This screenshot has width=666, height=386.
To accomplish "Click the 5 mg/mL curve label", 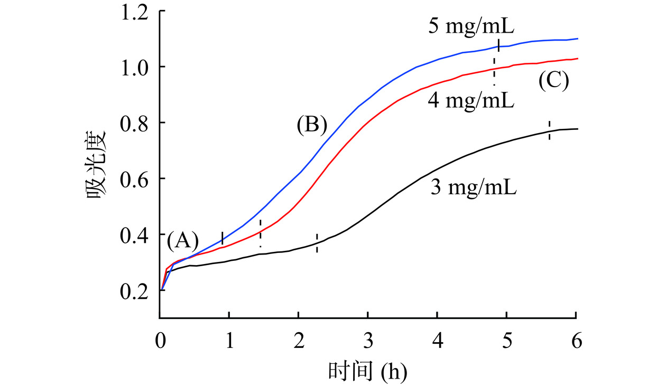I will [471, 25].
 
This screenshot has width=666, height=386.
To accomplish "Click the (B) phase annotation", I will [312, 125].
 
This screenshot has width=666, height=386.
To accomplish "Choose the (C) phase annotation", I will [553, 81].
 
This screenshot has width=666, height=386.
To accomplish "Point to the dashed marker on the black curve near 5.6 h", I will [550, 130].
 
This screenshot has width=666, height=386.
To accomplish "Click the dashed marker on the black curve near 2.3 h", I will [317, 243].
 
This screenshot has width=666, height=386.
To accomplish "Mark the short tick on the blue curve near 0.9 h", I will [223, 238].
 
